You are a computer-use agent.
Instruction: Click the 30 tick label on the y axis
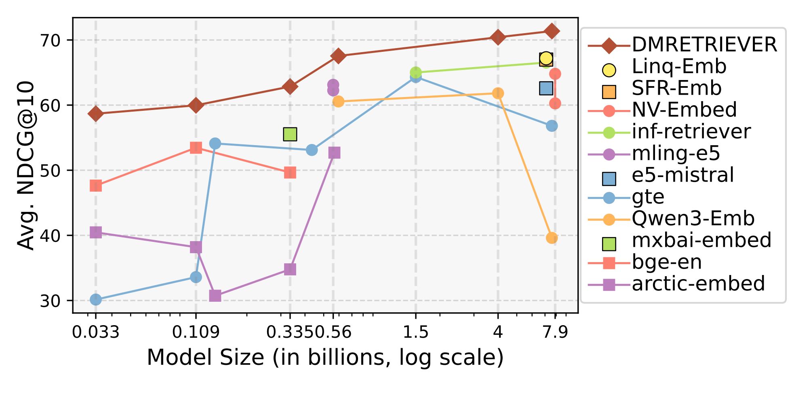tap(50, 301)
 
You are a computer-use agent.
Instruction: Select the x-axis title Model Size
tap(325, 358)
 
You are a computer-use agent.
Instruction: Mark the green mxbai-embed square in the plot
tap(290, 134)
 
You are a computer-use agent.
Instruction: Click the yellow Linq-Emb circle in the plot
tap(546, 58)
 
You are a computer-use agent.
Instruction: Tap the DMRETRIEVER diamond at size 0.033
tap(96, 114)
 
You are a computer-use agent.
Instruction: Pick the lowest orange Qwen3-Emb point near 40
tap(552, 238)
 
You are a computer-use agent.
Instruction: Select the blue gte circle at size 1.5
tap(415, 77)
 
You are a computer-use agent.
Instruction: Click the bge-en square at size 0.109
tap(196, 148)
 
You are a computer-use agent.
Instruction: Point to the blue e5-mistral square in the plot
tap(546, 88)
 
